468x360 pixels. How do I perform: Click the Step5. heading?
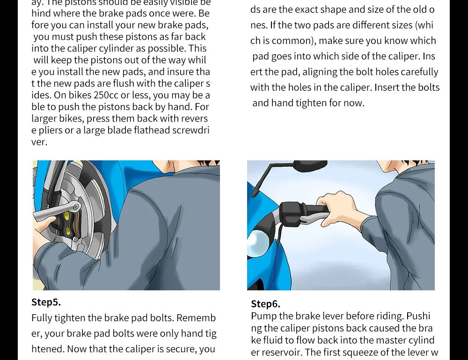coord(46,302)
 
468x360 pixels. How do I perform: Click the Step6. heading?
coord(266,304)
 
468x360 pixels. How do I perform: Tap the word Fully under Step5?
coord(42,318)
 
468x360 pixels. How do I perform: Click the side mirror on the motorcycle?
coord(310,165)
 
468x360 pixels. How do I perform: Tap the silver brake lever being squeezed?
coord(314,219)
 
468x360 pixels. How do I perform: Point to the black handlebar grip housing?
coord(291,213)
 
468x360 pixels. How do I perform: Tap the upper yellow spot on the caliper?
coord(67,216)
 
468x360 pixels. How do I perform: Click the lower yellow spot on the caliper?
coord(68,230)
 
